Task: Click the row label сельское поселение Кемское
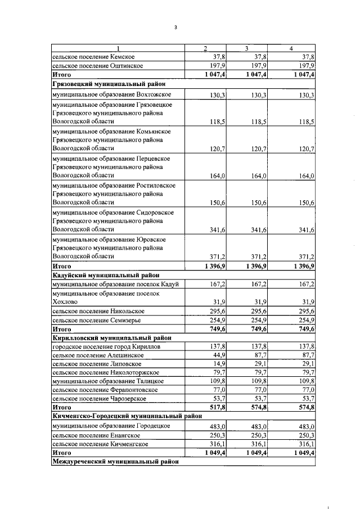pos(93,57)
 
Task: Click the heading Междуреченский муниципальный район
pos(115,462)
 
